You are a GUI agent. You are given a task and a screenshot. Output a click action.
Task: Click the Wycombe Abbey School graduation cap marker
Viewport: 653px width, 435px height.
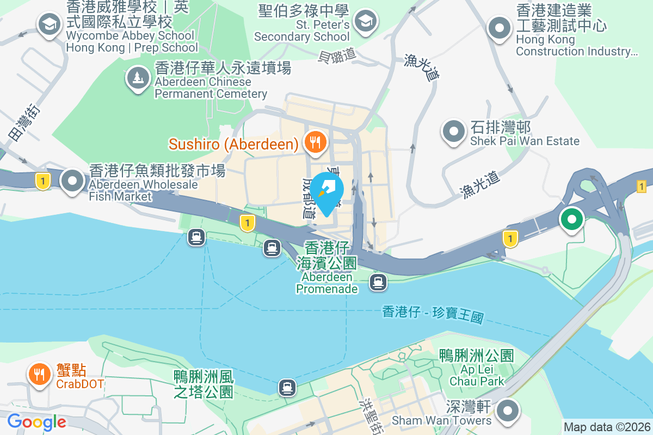(x=50, y=24)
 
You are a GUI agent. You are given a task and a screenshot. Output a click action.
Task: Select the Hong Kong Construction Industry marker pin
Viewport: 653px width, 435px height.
(x=500, y=28)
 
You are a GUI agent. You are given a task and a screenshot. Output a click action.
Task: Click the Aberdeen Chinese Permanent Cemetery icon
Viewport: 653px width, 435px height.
(x=138, y=78)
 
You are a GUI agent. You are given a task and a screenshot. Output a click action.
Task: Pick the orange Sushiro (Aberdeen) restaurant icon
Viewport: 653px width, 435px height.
(x=315, y=142)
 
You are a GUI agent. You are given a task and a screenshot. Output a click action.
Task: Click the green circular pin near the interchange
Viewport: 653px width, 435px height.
(x=572, y=220)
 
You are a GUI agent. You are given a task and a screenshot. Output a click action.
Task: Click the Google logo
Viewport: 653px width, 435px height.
(x=36, y=422)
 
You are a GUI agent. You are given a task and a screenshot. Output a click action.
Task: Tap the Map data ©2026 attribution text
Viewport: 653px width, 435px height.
(x=606, y=427)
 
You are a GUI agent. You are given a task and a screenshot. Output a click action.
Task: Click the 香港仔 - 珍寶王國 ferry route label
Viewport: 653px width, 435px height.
(x=433, y=314)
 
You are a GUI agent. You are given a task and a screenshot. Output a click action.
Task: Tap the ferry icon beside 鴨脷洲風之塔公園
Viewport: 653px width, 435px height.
(x=287, y=387)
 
